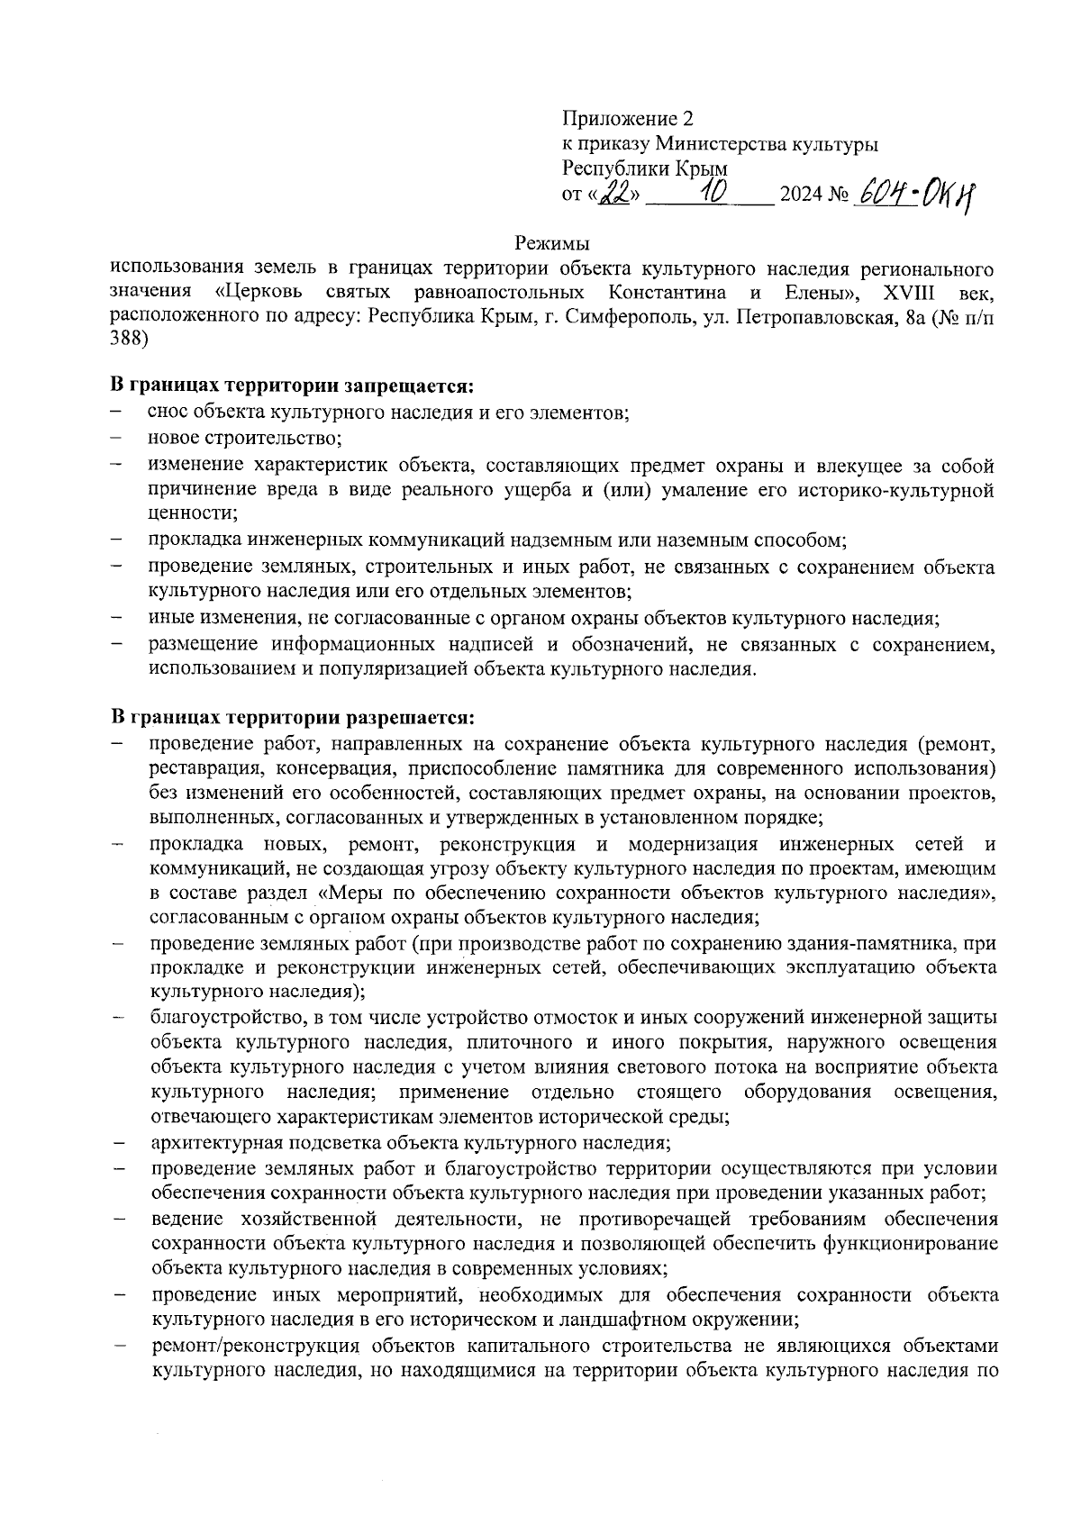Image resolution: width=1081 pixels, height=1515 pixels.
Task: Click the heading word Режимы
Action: [551, 243]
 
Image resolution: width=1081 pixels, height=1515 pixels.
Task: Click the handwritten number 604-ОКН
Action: [916, 192]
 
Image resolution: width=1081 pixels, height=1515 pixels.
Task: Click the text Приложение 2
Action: [628, 119]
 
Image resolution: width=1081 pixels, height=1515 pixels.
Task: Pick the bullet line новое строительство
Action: [245, 439]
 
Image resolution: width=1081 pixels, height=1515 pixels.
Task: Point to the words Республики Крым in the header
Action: [645, 168]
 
